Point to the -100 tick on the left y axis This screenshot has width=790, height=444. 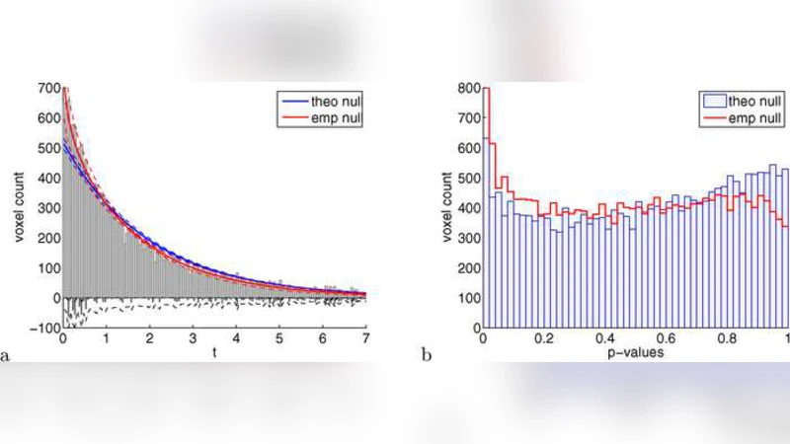point(45,327)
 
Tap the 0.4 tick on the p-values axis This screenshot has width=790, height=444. point(605,337)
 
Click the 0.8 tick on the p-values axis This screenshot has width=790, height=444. point(727,337)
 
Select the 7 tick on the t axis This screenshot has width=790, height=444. point(365,337)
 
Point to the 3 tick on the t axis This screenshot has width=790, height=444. point(193,337)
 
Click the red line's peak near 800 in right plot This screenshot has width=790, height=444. point(485,90)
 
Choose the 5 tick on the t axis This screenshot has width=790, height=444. point(278,337)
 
